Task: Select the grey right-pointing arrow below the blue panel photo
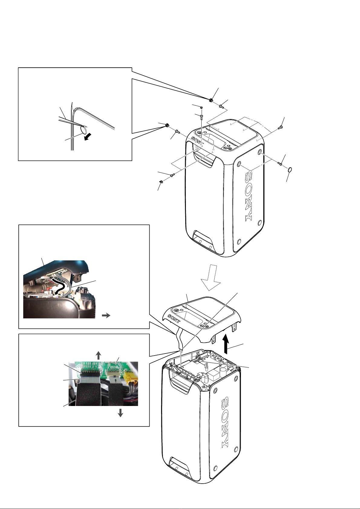tap(106, 315)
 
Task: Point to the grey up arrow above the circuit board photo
tap(98, 355)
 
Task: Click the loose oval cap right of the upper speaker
tap(290, 170)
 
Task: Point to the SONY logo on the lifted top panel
tap(174, 319)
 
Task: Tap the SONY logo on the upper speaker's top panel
tap(197, 141)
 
